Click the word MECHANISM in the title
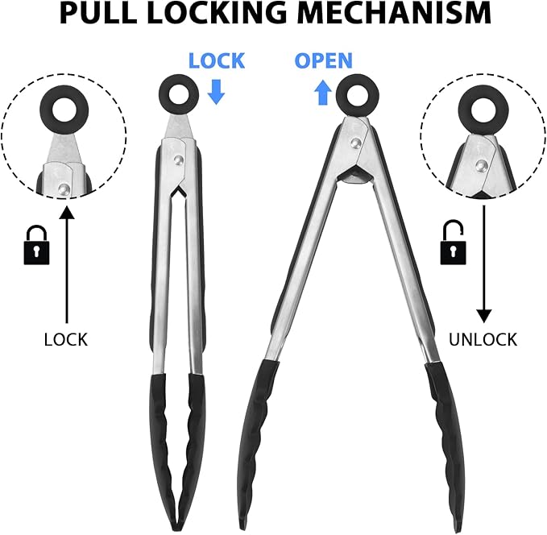tap(396, 13)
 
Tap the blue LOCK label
tap(216, 60)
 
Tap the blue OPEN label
tap(323, 60)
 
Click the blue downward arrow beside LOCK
tap(216, 92)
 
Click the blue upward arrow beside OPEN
tap(323, 92)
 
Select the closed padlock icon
tap(36, 245)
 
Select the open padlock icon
tap(453, 243)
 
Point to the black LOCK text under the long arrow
tap(65, 339)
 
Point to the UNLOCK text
tap(483, 339)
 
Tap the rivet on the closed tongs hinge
tap(179, 160)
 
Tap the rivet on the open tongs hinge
tap(356, 143)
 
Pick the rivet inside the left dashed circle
tap(64, 189)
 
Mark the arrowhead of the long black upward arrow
tap(67, 212)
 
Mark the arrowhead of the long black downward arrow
tap(484, 316)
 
